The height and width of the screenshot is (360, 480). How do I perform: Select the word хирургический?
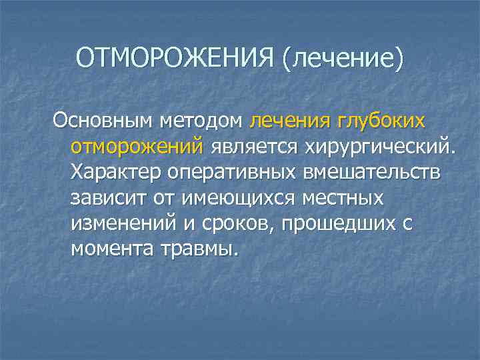pyautogui.click(x=377, y=147)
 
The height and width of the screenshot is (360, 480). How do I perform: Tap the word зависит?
pyautogui.click(x=108, y=198)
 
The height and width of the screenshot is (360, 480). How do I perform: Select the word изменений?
pyautogui.click(x=123, y=223)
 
